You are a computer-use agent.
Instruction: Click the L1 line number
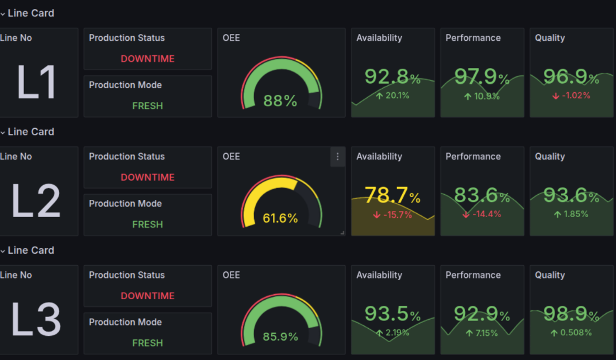36,83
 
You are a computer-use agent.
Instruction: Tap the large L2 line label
36,201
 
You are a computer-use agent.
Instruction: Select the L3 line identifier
36,320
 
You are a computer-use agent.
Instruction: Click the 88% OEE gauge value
280,101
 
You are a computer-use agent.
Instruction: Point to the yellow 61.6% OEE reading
280,218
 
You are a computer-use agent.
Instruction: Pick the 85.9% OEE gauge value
280,337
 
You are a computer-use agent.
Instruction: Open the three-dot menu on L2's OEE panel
337,157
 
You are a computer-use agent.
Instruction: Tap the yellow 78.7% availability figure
393,195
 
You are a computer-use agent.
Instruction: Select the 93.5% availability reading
393,314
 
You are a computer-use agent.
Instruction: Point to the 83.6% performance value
482,195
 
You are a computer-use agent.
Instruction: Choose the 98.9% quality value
571,314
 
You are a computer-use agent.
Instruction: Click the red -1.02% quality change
571,96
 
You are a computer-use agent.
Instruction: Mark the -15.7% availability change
393,215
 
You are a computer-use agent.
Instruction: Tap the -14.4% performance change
482,214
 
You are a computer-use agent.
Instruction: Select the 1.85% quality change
571,214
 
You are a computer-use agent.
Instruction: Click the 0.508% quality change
571,333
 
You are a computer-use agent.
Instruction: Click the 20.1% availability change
393,96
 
